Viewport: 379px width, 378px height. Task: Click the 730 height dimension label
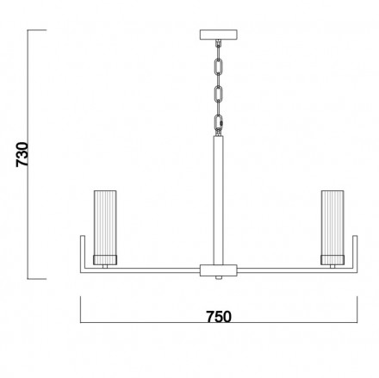22,154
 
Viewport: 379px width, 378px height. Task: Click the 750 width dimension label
219,317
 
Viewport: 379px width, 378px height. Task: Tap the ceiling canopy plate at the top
219,34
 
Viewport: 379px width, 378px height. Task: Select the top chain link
219,66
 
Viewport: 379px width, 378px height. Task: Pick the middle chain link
219,93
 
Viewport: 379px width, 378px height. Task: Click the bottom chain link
219,122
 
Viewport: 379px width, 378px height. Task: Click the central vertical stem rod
219,200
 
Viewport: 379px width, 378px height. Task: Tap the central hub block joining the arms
219,270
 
